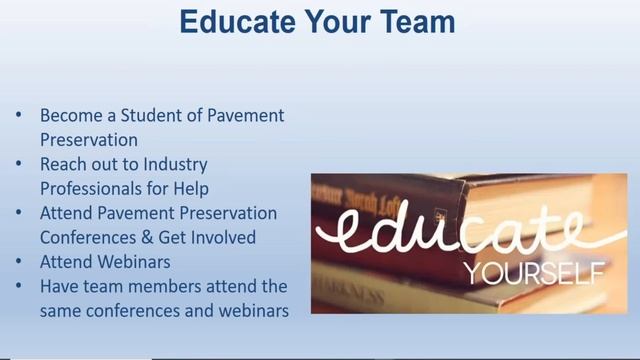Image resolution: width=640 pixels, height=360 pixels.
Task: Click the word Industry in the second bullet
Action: click(x=175, y=164)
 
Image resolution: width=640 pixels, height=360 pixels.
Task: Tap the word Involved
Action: click(x=220, y=237)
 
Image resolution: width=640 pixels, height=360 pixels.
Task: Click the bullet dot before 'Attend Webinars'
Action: click(x=20, y=262)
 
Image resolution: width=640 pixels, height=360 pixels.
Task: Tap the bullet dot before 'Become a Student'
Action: click(x=20, y=116)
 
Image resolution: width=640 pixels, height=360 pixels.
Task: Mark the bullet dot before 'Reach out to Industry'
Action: click(x=20, y=164)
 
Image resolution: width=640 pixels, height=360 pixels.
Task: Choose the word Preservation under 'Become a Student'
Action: click(x=89, y=140)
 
